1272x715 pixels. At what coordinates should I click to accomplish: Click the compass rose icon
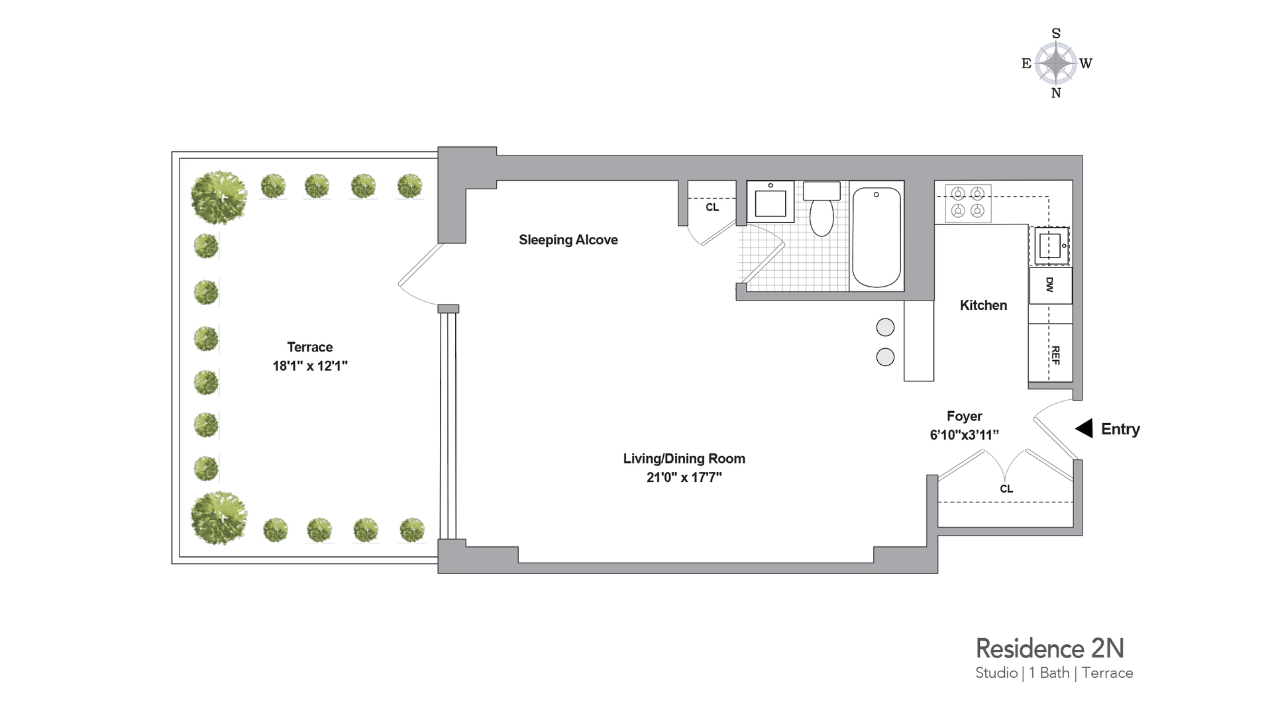[x=1056, y=64]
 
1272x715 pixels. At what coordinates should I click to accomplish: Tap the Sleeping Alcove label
[x=568, y=240]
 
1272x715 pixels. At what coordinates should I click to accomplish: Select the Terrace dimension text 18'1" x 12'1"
[x=309, y=365]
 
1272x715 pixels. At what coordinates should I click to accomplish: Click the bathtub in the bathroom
[x=876, y=237]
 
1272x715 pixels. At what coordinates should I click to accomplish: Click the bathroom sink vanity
[x=770, y=201]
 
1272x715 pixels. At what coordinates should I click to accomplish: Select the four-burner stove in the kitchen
[x=967, y=203]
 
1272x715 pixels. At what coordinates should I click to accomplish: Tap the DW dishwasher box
[x=1050, y=285]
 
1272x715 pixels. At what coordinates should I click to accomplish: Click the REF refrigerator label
[x=1055, y=355]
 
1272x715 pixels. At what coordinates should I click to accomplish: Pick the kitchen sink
[x=1050, y=246]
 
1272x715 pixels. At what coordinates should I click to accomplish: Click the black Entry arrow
[x=1084, y=428]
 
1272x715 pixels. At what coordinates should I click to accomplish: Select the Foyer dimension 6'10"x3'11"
[x=964, y=435]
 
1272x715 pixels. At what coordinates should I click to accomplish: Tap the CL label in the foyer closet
[x=1006, y=489]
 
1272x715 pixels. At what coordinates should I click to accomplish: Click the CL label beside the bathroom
[x=712, y=207]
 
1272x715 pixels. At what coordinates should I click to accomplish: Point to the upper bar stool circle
[x=885, y=327]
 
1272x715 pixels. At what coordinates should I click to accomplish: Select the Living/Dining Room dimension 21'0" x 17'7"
[x=684, y=477]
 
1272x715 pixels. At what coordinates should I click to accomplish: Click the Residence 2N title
[x=1049, y=648]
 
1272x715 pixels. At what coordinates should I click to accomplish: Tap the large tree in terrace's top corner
[x=219, y=197]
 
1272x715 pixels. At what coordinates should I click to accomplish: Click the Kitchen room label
[x=983, y=305]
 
